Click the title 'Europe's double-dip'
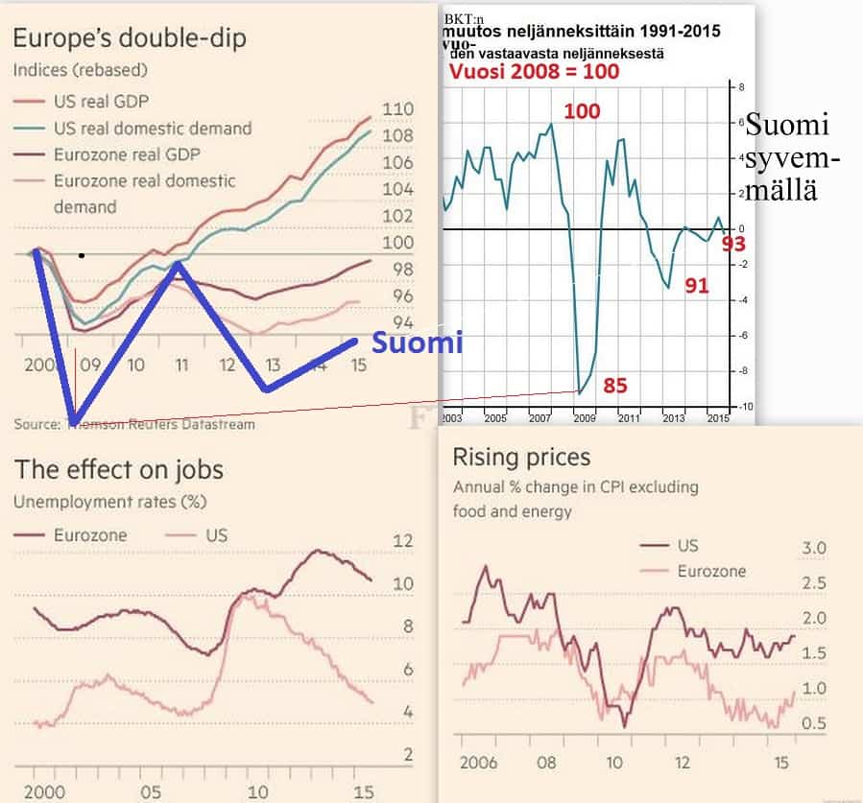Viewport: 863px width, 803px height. tap(130, 38)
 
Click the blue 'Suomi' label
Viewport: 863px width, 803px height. tap(418, 342)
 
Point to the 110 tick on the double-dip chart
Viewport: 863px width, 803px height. tap(397, 108)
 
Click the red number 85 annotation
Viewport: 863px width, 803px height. tap(615, 386)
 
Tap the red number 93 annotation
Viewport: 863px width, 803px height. tap(733, 244)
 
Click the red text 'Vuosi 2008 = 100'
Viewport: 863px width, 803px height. tap(534, 72)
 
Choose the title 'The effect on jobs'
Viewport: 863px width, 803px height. tap(118, 469)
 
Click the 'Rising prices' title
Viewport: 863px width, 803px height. tap(521, 458)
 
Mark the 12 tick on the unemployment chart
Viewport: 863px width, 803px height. tap(402, 541)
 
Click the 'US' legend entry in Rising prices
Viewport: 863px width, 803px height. tap(686, 546)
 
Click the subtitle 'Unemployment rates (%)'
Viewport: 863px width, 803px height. tap(109, 501)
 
